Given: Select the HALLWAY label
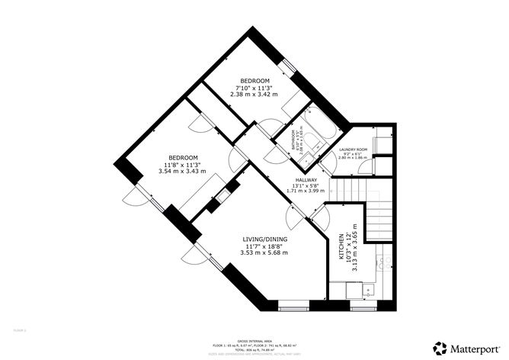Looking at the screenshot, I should coord(307,181).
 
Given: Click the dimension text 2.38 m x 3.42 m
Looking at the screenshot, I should coord(254,95).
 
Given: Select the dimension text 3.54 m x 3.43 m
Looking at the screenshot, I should coord(183,171).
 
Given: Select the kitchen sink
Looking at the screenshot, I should coord(368,290).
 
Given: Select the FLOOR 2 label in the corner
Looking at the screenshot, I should coord(20,329).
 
